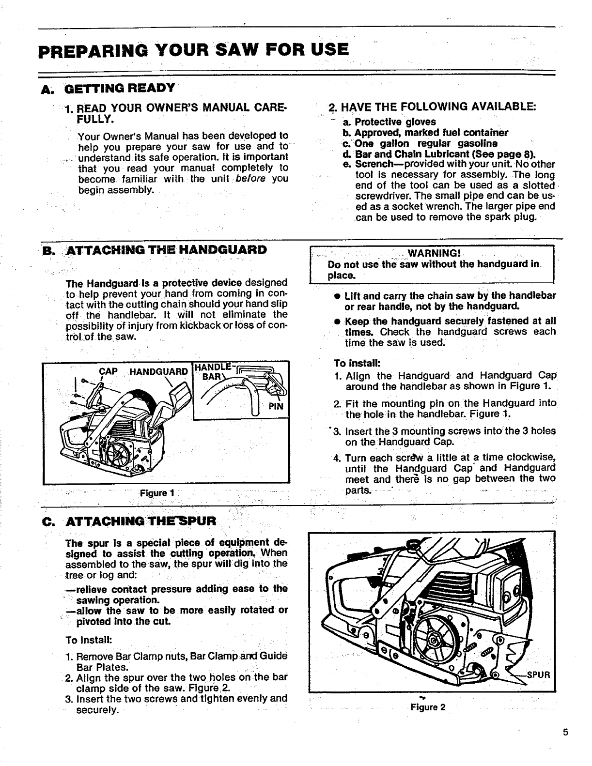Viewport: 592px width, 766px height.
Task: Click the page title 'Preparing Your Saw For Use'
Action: pos(194,50)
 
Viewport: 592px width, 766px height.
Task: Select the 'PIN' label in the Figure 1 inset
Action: pos(276,406)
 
